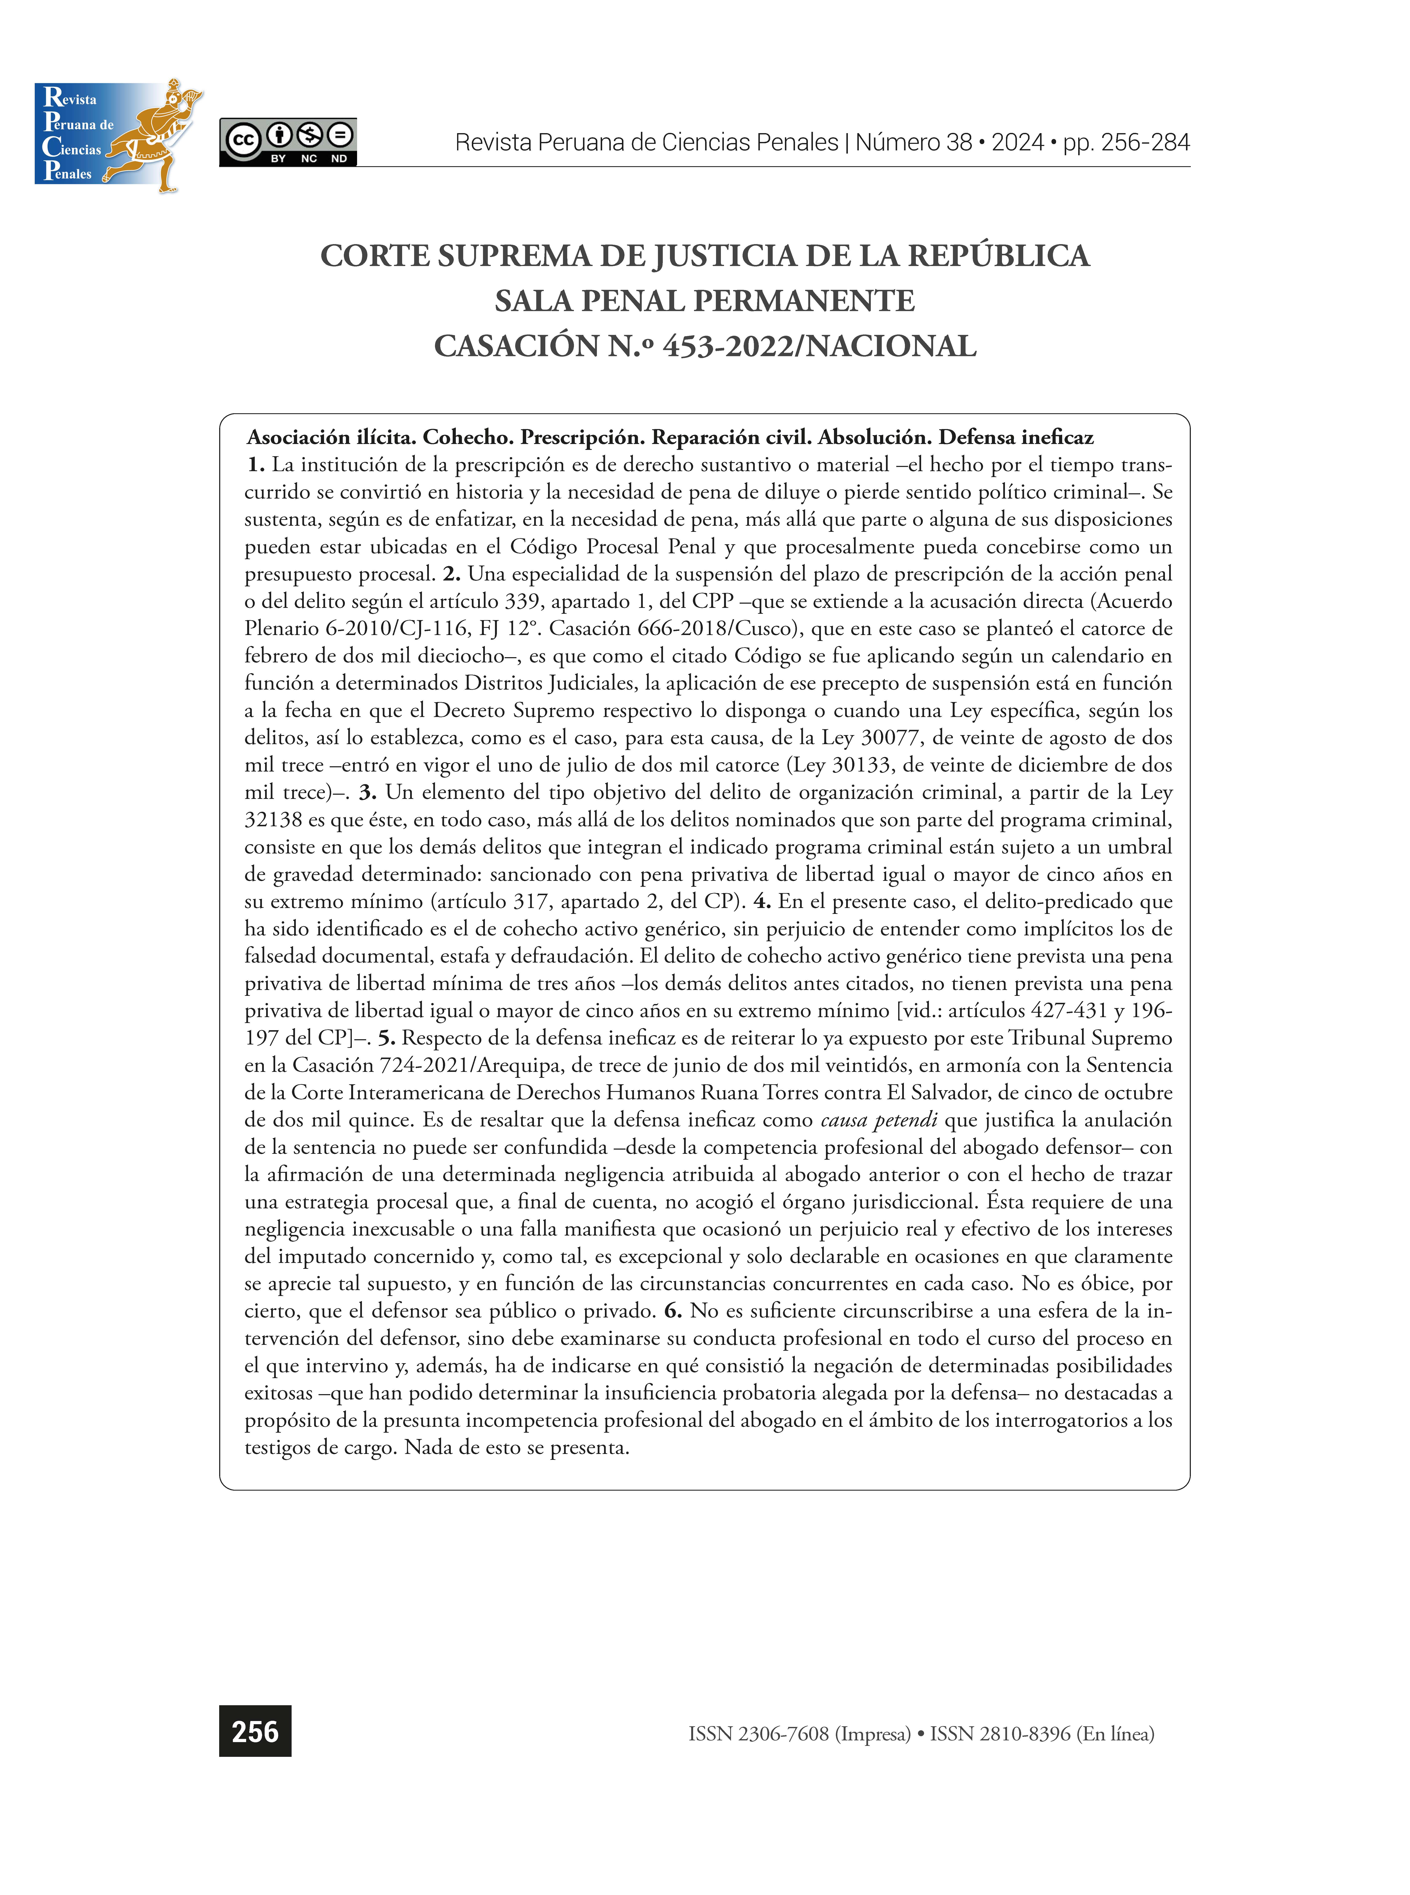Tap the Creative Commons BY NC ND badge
point(288,142)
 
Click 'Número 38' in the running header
point(913,143)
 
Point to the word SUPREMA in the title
point(515,256)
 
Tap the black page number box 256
point(255,1731)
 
